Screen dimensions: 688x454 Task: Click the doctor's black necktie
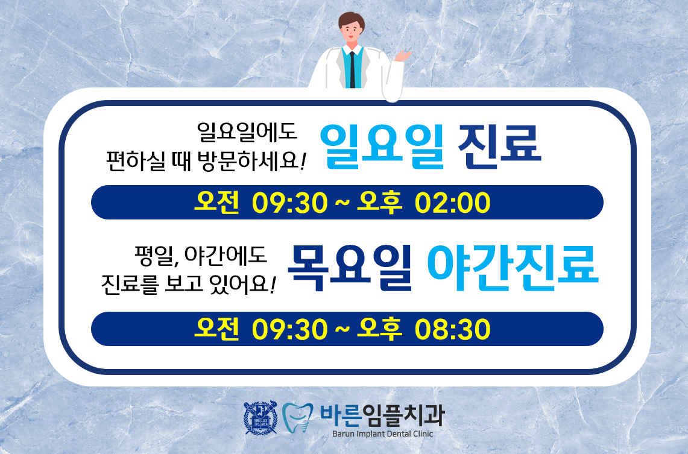click(352, 69)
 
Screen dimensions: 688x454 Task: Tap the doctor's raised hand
click(402, 55)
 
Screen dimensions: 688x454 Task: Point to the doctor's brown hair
click(352, 20)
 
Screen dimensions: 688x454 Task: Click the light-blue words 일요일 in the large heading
click(382, 147)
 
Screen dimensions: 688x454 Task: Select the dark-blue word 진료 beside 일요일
click(500, 147)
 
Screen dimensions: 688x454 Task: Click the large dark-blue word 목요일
click(350, 268)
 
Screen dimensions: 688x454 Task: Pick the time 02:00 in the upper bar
click(452, 203)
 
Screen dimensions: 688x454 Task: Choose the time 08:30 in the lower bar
click(452, 329)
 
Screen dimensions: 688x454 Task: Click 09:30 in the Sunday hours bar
click(290, 203)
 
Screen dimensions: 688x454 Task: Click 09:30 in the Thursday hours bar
click(290, 329)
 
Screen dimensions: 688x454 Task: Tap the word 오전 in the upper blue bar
click(216, 202)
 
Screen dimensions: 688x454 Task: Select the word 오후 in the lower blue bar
click(379, 329)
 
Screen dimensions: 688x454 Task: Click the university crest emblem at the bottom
click(260, 418)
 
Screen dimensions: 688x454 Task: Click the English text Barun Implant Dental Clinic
click(383, 434)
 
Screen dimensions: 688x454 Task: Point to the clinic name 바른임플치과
click(382, 415)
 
